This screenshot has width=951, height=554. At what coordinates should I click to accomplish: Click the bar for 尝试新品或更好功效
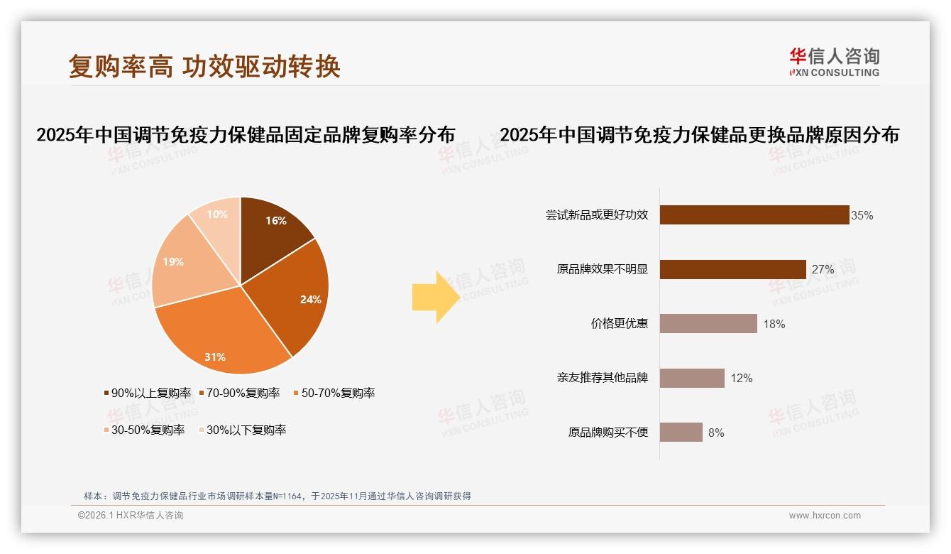[x=754, y=214]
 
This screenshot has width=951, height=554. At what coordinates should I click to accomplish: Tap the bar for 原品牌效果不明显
[x=732, y=269]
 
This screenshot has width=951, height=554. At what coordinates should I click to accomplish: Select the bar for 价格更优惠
[x=708, y=324]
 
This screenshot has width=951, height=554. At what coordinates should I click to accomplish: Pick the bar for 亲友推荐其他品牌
[x=692, y=378]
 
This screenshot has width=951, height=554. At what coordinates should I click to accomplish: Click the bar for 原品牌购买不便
[x=681, y=432]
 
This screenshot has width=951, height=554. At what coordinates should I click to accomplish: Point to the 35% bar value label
[x=862, y=215]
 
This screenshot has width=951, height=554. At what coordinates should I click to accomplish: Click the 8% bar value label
[x=716, y=433]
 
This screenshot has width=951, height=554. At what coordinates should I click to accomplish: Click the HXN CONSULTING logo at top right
[x=834, y=62]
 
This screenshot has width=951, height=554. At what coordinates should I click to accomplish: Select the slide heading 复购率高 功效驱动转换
[x=204, y=66]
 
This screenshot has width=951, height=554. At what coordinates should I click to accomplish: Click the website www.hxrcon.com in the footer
[x=825, y=516]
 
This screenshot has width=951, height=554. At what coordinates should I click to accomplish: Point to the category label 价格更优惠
[x=619, y=324]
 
